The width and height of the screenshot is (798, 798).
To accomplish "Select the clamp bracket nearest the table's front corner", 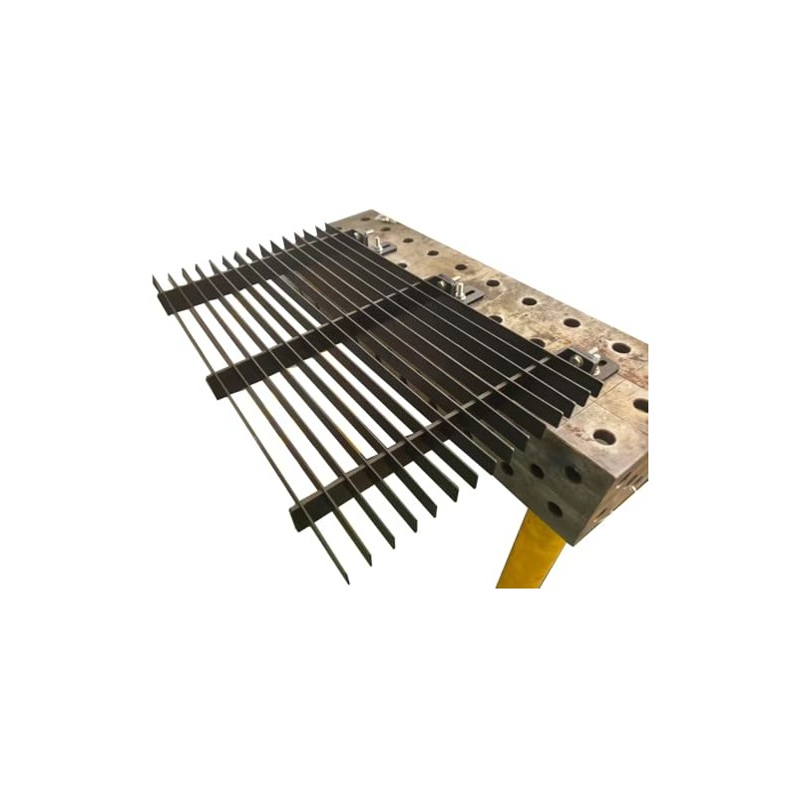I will [x=588, y=361].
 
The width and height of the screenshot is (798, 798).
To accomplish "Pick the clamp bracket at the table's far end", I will [x=374, y=242].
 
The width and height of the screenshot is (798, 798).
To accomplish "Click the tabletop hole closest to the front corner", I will [x=603, y=436].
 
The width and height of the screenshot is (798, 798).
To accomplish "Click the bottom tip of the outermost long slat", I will [x=345, y=579].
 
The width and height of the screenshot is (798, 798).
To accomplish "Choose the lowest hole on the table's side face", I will [x=555, y=508].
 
